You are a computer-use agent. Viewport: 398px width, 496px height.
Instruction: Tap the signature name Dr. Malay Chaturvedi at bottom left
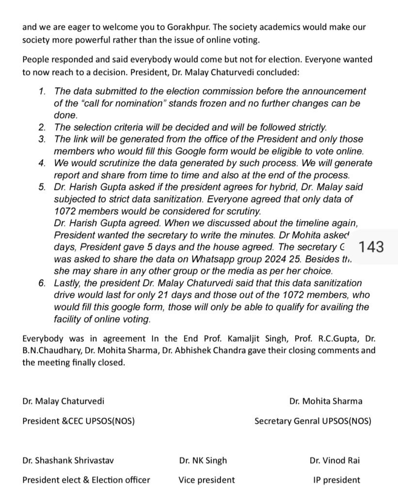[x=63, y=402]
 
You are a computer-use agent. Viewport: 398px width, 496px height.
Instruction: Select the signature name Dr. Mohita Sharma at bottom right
[x=325, y=402]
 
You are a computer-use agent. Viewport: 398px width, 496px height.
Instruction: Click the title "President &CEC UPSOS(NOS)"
[x=79, y=421]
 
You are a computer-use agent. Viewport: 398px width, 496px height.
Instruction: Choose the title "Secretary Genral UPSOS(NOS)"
[x=313, y=421]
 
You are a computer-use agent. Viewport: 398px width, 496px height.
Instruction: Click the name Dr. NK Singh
[x=203, y=461]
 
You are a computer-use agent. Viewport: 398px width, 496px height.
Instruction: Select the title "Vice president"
[x=207, y=480]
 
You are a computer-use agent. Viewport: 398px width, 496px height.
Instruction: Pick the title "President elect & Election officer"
[x=86, y=480]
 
